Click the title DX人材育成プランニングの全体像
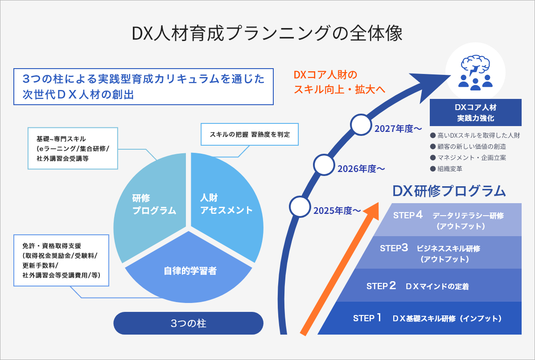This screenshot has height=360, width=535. pos(267,34)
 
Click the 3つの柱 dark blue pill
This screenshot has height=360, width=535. pos(188,323)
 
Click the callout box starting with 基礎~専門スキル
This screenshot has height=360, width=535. pos(73,148)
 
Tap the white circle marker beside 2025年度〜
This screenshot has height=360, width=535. pos(300,206)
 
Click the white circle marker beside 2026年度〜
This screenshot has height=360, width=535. pos(324,165)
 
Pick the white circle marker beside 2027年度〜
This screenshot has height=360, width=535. pos(361,125)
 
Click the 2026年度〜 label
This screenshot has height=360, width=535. pos(361,169)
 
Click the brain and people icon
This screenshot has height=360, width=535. pos(475,71)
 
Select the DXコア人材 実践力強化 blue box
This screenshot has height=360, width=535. pos(475,113)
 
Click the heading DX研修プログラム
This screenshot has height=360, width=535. pos(449,191)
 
